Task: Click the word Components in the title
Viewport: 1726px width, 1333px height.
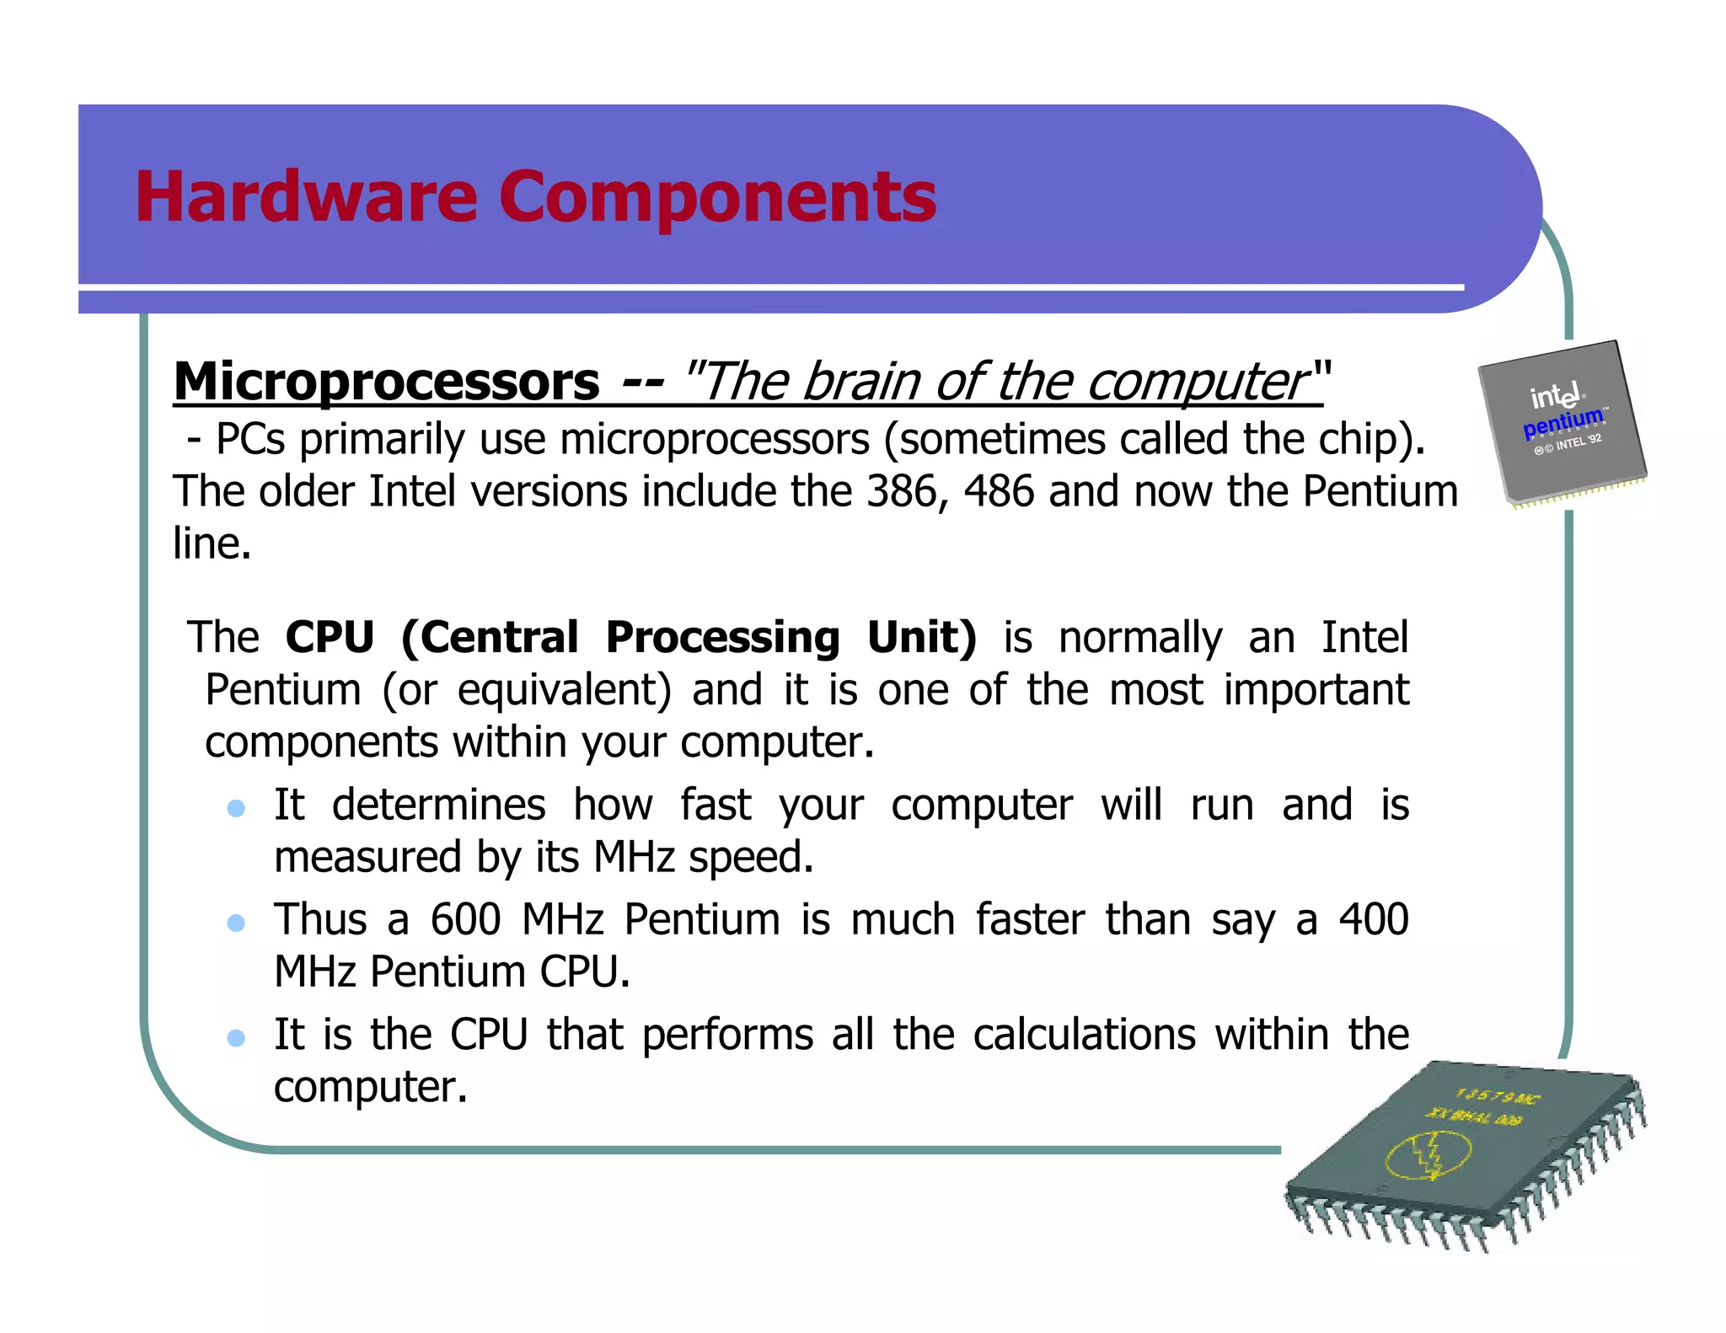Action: tap(717, 198)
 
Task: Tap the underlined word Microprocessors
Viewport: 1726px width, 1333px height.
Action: tap(386, 382)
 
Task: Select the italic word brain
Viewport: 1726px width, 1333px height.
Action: tap(860, 382)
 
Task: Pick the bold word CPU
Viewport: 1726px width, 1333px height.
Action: tap(330, 637)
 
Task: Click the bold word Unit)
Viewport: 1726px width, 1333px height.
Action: tap(922, 638)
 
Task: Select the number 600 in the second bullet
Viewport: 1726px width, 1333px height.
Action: tap(466, 919)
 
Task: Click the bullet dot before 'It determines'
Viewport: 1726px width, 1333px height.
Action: tap(236, 809)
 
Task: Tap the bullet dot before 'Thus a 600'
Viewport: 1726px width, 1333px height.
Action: tap(236, 923)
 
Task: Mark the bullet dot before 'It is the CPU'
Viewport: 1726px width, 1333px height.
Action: tap(236, 1038)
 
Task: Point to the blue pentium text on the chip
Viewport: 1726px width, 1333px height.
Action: tap(1563, 422)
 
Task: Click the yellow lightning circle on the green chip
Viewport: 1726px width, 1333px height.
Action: tap(1429, 1155)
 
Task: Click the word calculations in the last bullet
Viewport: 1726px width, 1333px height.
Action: tap(1084, 1035)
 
